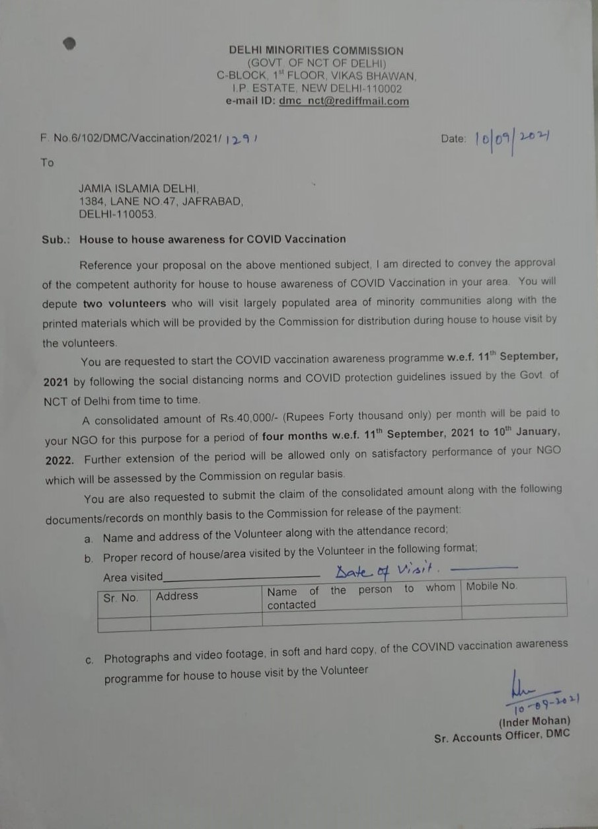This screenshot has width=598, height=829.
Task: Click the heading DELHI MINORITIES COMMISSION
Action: (x=316, y=50)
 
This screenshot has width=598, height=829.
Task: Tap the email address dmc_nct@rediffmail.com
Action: (x=344, y=101)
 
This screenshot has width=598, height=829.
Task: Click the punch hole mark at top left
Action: (x=69, y=44)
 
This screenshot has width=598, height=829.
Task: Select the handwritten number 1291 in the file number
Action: (x=240, y=139)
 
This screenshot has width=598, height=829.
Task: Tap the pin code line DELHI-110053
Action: (x=118, y=214)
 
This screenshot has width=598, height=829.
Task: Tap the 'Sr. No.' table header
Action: (x=121, y=597)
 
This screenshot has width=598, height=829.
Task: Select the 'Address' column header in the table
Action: (x=177, y=596)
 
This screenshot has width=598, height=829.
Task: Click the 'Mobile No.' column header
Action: (x=492, y=586)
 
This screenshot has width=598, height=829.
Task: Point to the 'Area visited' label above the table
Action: (x=132, y=577)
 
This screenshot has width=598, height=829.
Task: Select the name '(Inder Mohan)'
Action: (x=534, y=721)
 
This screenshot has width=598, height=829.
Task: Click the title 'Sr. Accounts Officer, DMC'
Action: (x=502, y=736)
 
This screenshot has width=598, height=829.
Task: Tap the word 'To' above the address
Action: (x=47, y=163)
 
